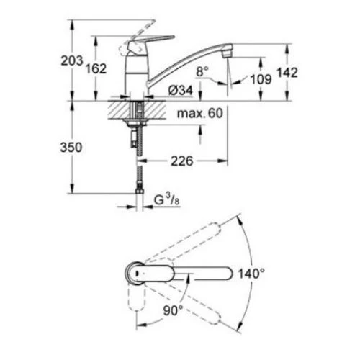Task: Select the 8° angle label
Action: (x=202, y=70)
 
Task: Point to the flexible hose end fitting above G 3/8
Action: (x=138, y=192)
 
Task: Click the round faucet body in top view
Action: (x=137, y=274)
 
